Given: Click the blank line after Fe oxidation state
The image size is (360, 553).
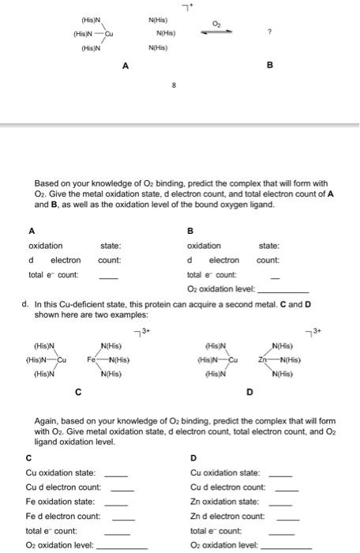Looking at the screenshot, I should click(x=116, y=502).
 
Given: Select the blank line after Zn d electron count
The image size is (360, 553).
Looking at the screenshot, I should click(x=287, y=517).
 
